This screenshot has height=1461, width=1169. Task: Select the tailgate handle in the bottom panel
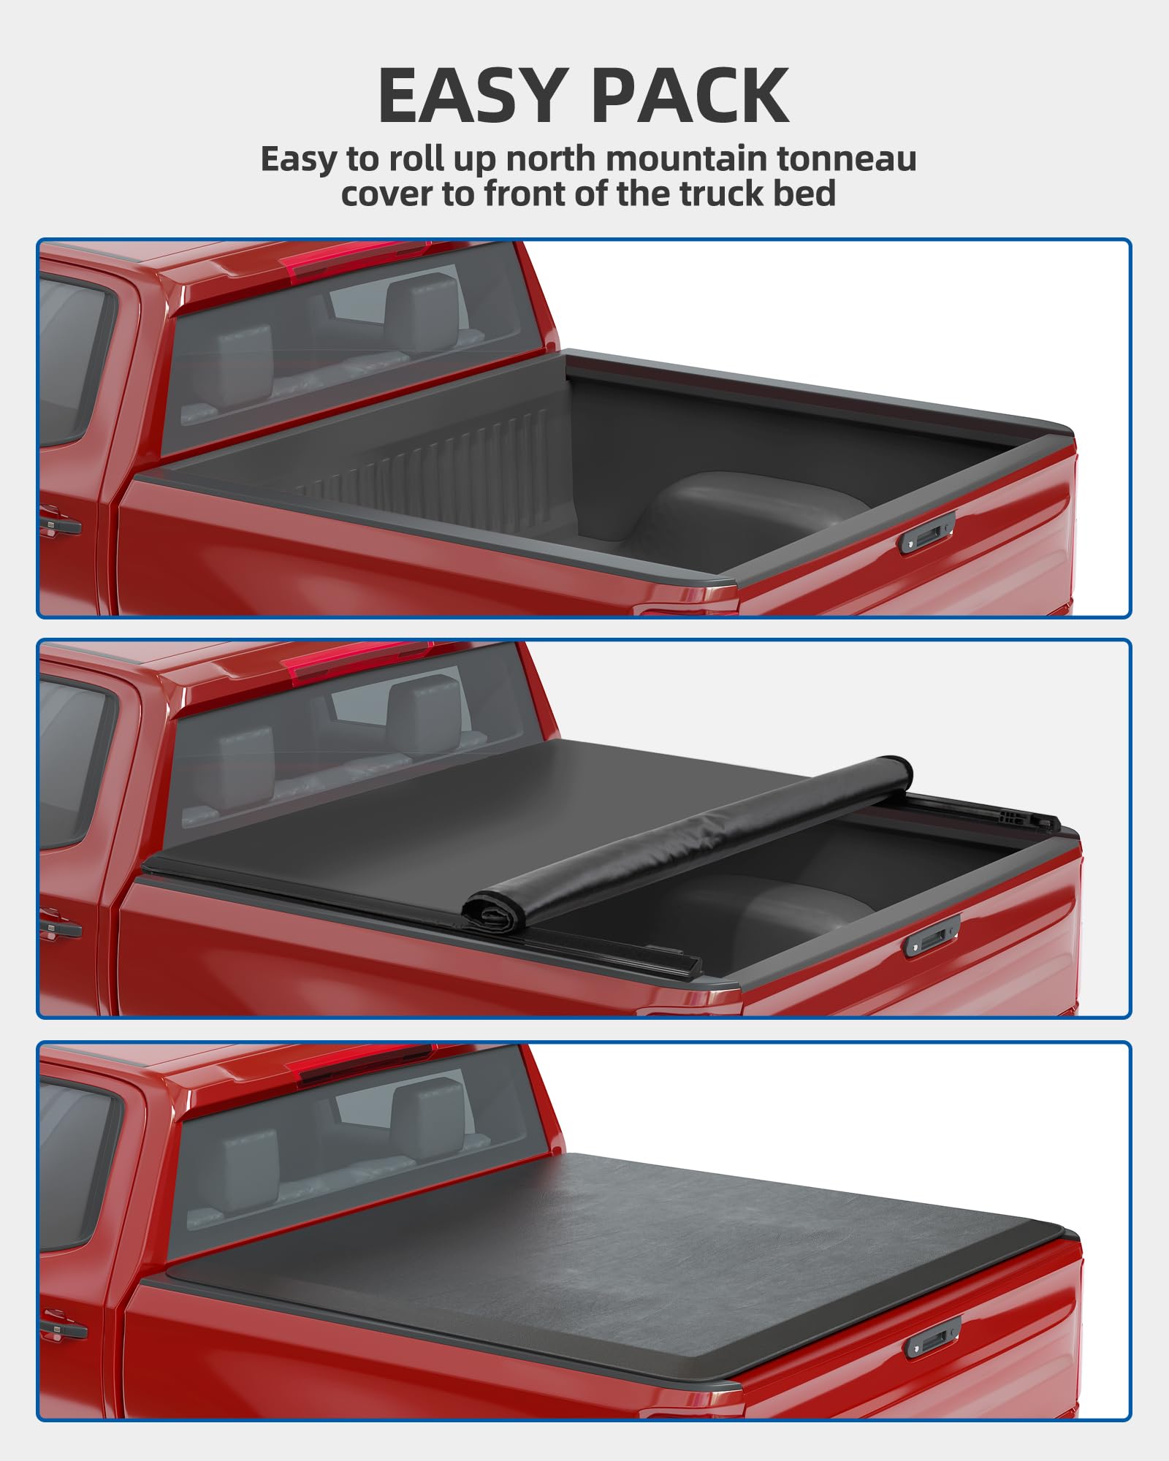point(933,1338)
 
